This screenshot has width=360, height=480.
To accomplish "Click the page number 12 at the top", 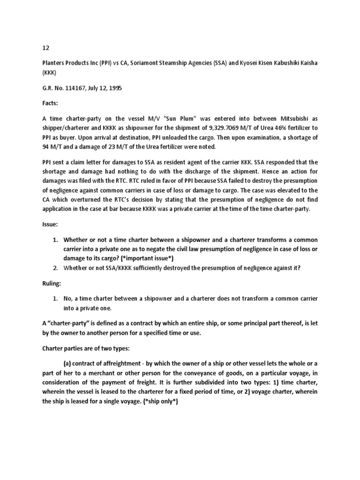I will [40, 47].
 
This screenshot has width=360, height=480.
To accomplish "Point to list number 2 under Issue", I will [55, 268].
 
